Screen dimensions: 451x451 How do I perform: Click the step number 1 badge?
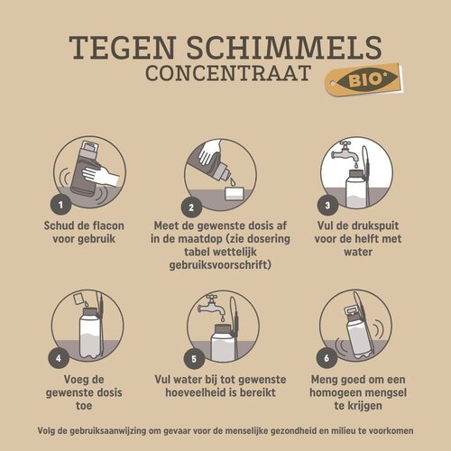tap(60, 205)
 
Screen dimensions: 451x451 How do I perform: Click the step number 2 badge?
tap(192, 205)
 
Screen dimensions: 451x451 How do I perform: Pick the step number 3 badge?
tap(331, 205)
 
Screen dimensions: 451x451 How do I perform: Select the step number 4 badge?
tap(60, 355)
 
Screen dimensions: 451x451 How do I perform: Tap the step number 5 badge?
tap(192, 355)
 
